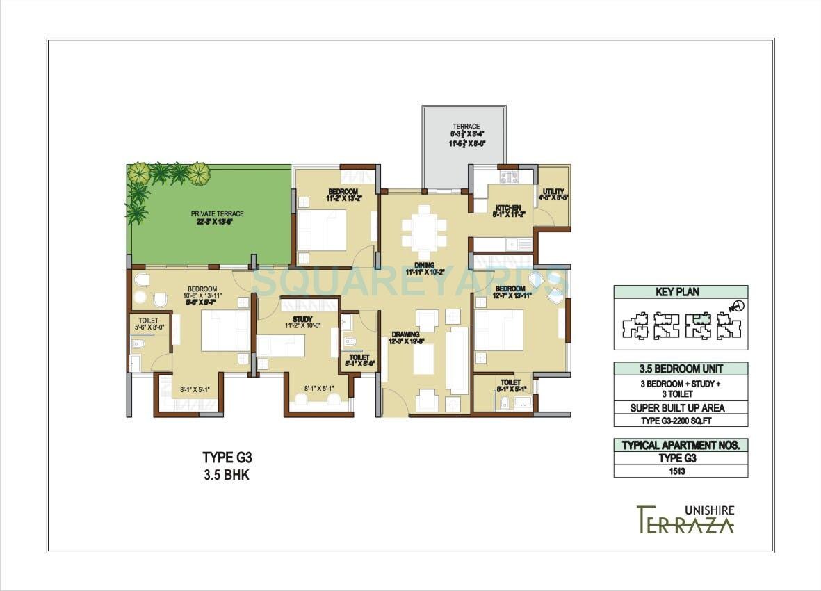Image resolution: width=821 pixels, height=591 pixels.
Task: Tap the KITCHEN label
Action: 507,208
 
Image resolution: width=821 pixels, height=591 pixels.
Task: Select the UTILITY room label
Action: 553,191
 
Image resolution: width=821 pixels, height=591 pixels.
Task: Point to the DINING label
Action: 425,265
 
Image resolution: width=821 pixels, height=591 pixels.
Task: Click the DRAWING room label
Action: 405,334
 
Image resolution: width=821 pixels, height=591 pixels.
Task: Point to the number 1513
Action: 681,471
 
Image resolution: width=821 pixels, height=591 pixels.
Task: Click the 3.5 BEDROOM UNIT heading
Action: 681,369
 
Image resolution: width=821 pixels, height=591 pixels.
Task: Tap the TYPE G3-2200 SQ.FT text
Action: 681,420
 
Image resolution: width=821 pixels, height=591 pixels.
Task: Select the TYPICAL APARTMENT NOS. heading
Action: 681,445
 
